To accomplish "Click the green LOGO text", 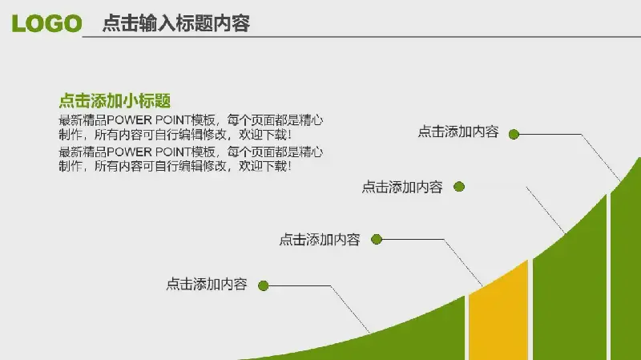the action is (x=46, y=23).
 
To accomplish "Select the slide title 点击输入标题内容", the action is (x=175, y=23).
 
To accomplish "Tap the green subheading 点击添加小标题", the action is (x=115, y=101).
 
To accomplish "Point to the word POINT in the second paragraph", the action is (x=173, y=152).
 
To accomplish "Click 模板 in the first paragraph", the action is (x=204, y=120).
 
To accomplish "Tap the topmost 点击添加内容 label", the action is (x=458, y=131).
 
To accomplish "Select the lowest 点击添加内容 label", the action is (x=207, y=284).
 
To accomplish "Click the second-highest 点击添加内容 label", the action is (x=402, y=187).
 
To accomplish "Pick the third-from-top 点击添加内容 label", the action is (x=319, y=239).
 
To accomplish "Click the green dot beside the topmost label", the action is (x=514, y=134).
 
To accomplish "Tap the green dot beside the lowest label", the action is (x=264, y=285).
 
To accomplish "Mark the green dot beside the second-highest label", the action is (x=459, y=187).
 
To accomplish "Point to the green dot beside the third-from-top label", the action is (x=377, y=239).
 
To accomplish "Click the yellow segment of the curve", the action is (x=498, y=315).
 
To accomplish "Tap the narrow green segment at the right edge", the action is (x=627, y=266).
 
